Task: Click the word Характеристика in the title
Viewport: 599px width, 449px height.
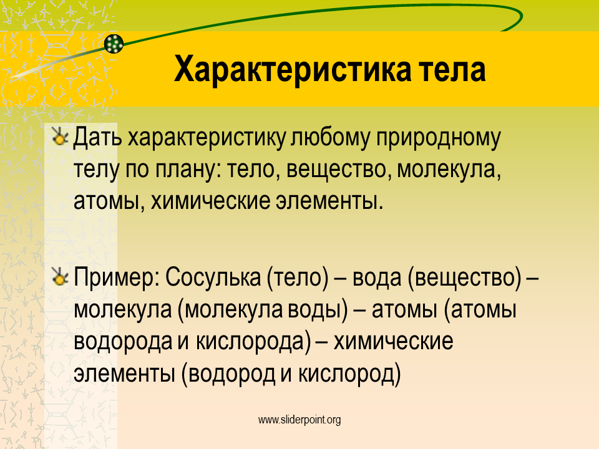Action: tap(293, 70)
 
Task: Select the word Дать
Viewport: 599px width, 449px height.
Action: tap(98, 138)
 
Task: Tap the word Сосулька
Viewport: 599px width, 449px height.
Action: tap(213, 277)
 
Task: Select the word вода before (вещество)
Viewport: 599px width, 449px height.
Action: tap(377, 278)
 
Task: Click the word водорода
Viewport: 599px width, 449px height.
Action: tap(123, 341)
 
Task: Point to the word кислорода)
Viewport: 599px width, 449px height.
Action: tap(254, 342)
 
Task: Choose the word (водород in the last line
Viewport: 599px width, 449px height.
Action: tap(228, 374)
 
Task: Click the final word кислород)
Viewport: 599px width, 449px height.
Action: tap(349, 374)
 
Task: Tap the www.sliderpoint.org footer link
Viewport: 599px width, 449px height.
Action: tap(299, 420)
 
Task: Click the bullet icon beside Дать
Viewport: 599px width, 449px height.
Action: tap(60, 137)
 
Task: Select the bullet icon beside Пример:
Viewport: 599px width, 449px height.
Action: tap(60, 276)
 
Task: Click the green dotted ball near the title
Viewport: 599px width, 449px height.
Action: tap(114, 44)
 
